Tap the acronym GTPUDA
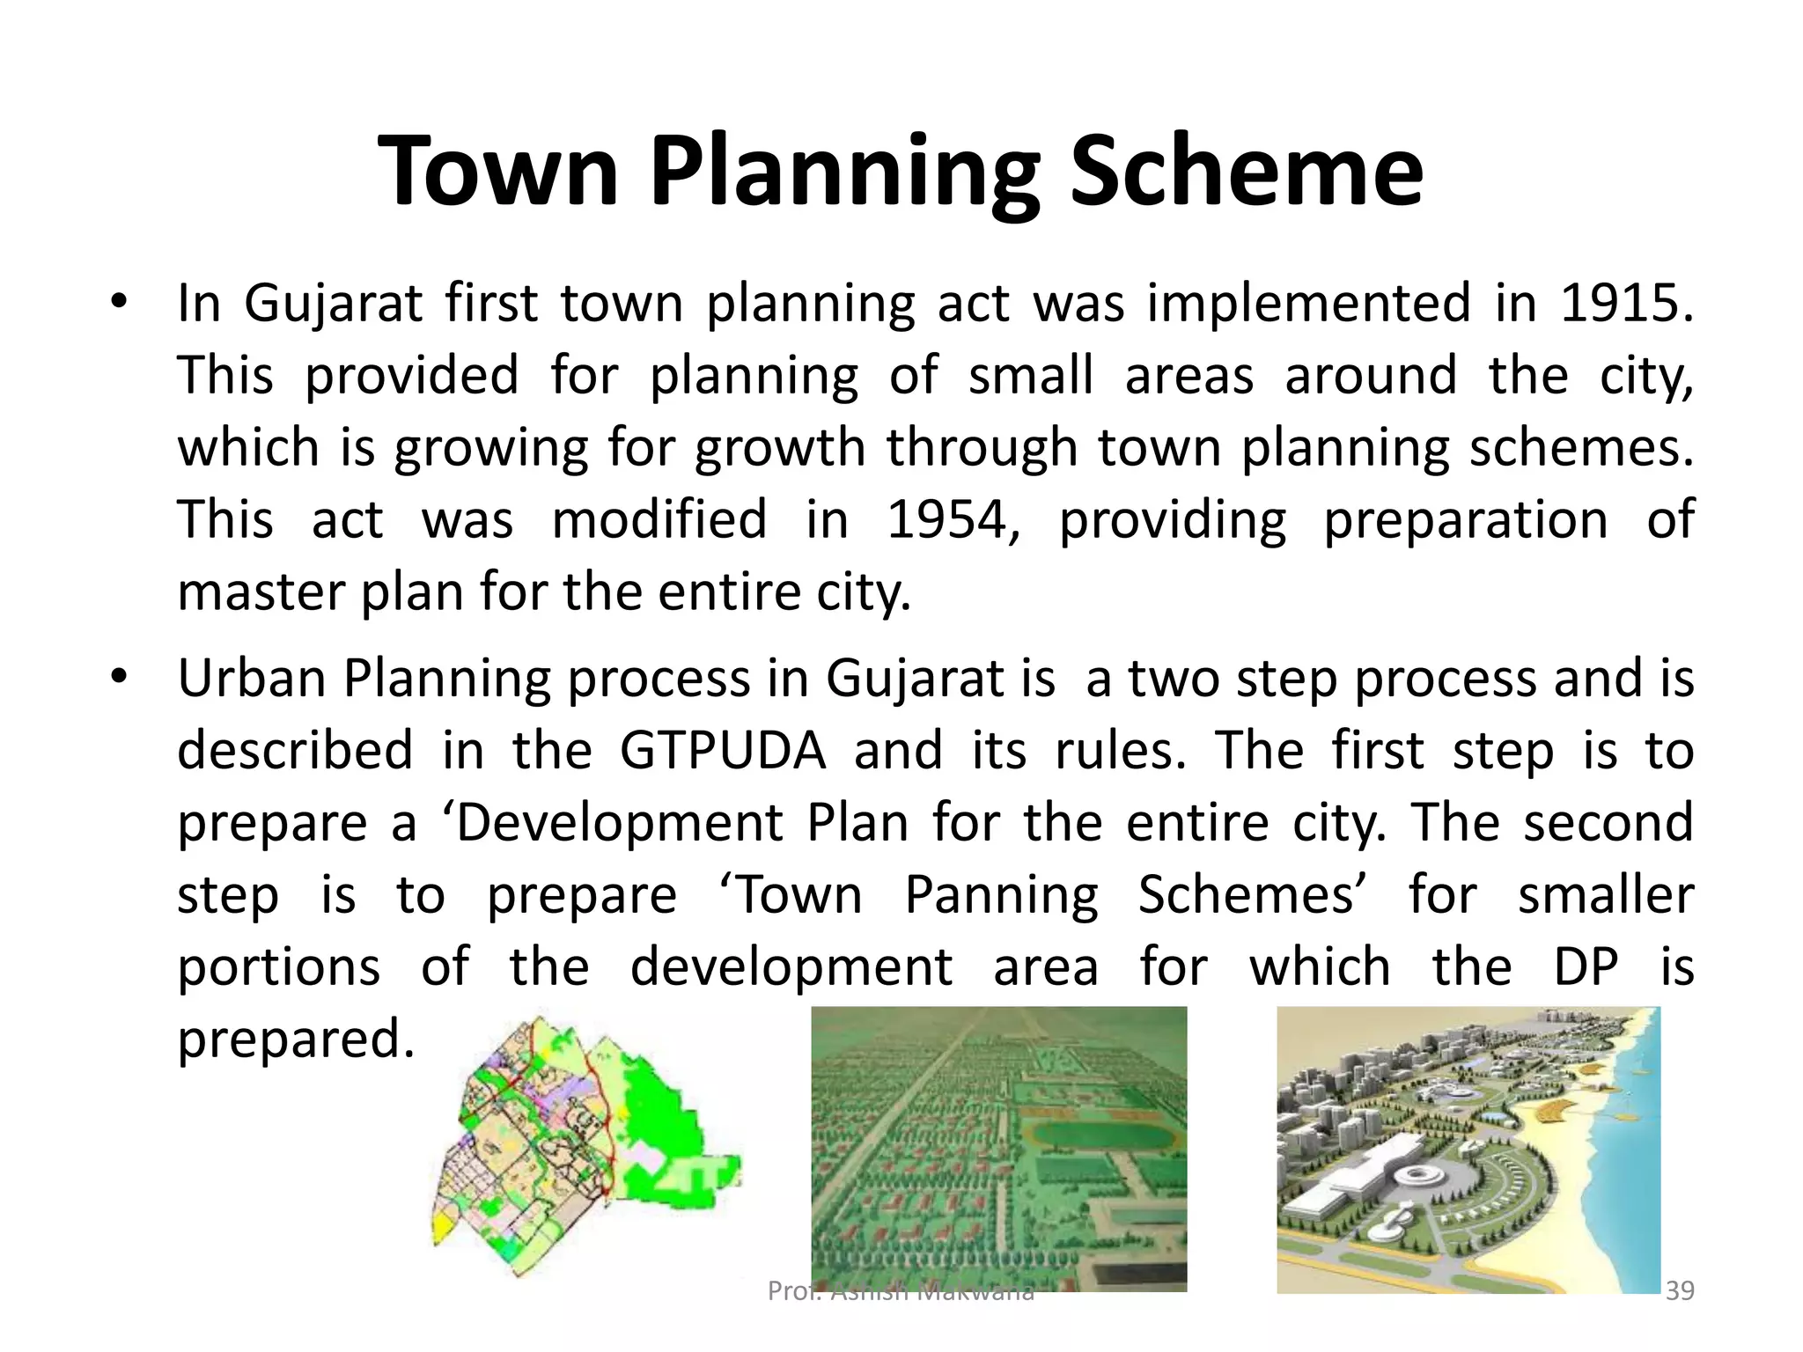(723, 751)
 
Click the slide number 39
(1680, 1290)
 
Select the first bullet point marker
(120, 304)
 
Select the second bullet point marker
(120, 678)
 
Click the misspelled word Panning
(1001, 895)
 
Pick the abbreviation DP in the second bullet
(1586, 966)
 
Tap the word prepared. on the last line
(295, 1039)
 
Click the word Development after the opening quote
(619, 823)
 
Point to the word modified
(659, 519)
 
